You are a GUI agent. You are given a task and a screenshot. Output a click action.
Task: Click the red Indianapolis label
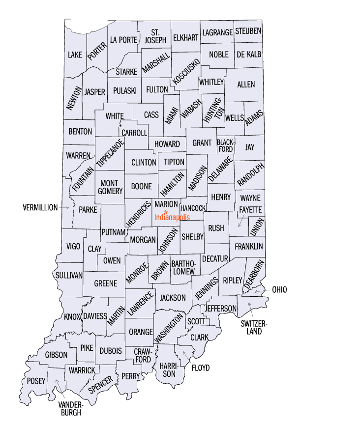click(172, 217)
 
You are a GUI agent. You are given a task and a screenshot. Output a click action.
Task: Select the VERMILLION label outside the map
click(40, 207)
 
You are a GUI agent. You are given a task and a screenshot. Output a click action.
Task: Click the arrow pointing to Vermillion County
click(65, 208)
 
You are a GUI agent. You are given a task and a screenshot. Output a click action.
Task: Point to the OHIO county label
click(279, 290)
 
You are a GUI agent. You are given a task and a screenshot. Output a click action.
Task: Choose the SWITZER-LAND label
click(253, 327)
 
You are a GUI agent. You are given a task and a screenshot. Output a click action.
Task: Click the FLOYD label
click(201, 368)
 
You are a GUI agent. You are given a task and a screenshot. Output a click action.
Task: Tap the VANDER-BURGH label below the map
click(71, 408)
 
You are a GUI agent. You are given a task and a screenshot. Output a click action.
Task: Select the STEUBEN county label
click(248, 31)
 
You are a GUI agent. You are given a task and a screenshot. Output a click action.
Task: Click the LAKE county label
click(75, 54)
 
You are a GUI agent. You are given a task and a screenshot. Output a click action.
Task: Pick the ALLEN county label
click(246, 85)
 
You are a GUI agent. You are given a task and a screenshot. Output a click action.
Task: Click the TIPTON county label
click(174, 162)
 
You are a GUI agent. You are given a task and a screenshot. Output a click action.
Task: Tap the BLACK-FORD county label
click(226, 146)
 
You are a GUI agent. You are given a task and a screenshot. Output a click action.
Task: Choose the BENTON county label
click(80, 131)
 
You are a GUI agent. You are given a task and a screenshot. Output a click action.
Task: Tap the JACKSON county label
click(173, 298)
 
